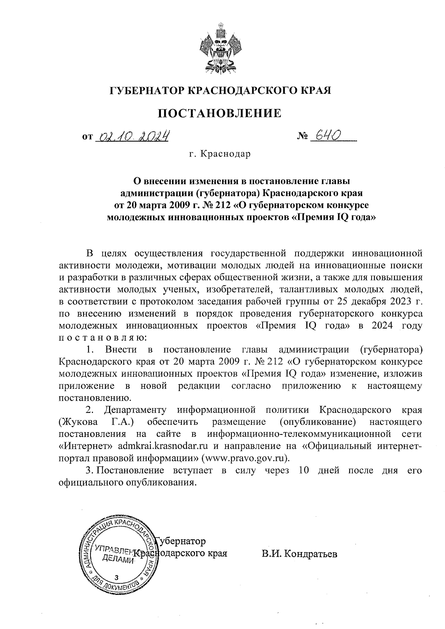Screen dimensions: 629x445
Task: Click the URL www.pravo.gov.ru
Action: pyautogui.click(x=244, y=457)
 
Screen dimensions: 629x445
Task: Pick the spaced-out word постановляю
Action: pyautogui.click(x=102, y=337)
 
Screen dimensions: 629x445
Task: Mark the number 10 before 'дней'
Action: pyautogui.click(x=303, y=470)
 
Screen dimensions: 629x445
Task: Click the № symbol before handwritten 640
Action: pyautogui.click(x=303, y=138)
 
